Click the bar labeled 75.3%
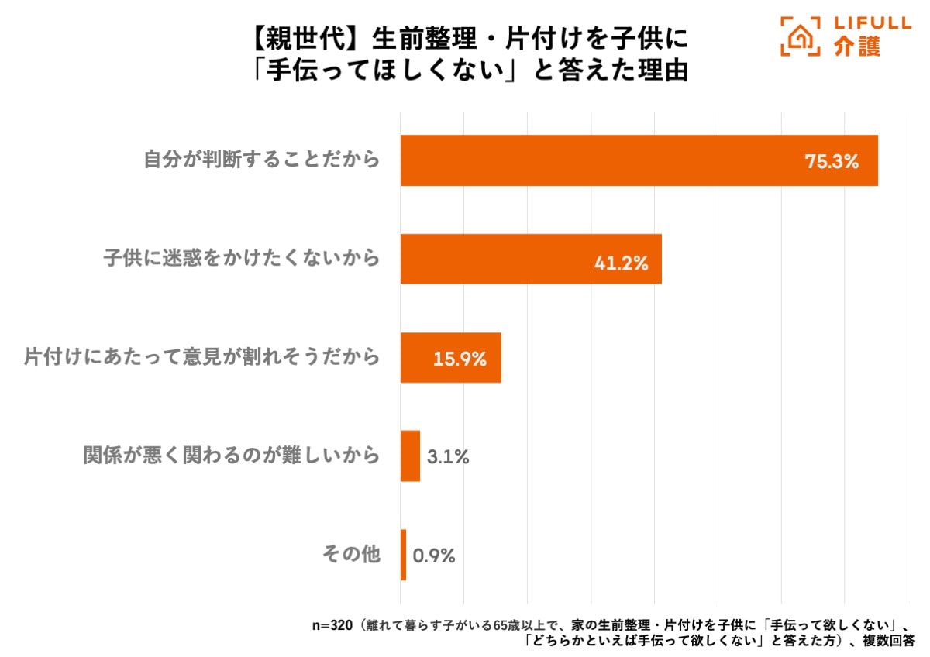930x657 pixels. point(639,160)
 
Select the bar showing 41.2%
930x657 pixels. point(531,259)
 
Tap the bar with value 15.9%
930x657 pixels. point(450,358)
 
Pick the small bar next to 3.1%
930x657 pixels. point(410,456)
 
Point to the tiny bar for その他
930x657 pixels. point(403,555)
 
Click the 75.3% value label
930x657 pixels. point(831,162)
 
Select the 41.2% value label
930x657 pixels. point(621,263)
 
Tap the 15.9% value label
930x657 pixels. point(460,359)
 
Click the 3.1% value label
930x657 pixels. point(448,457)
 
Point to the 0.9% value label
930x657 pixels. point(434,556)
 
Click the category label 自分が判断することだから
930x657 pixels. point(262,160)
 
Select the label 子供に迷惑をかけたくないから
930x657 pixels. point(242,258)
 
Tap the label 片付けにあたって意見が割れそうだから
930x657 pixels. point(201,357)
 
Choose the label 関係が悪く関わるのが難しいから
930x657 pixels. point(232,456)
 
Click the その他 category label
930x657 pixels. point(351,554)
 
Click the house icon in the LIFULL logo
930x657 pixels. point(801,37)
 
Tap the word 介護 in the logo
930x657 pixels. point(858,48)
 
